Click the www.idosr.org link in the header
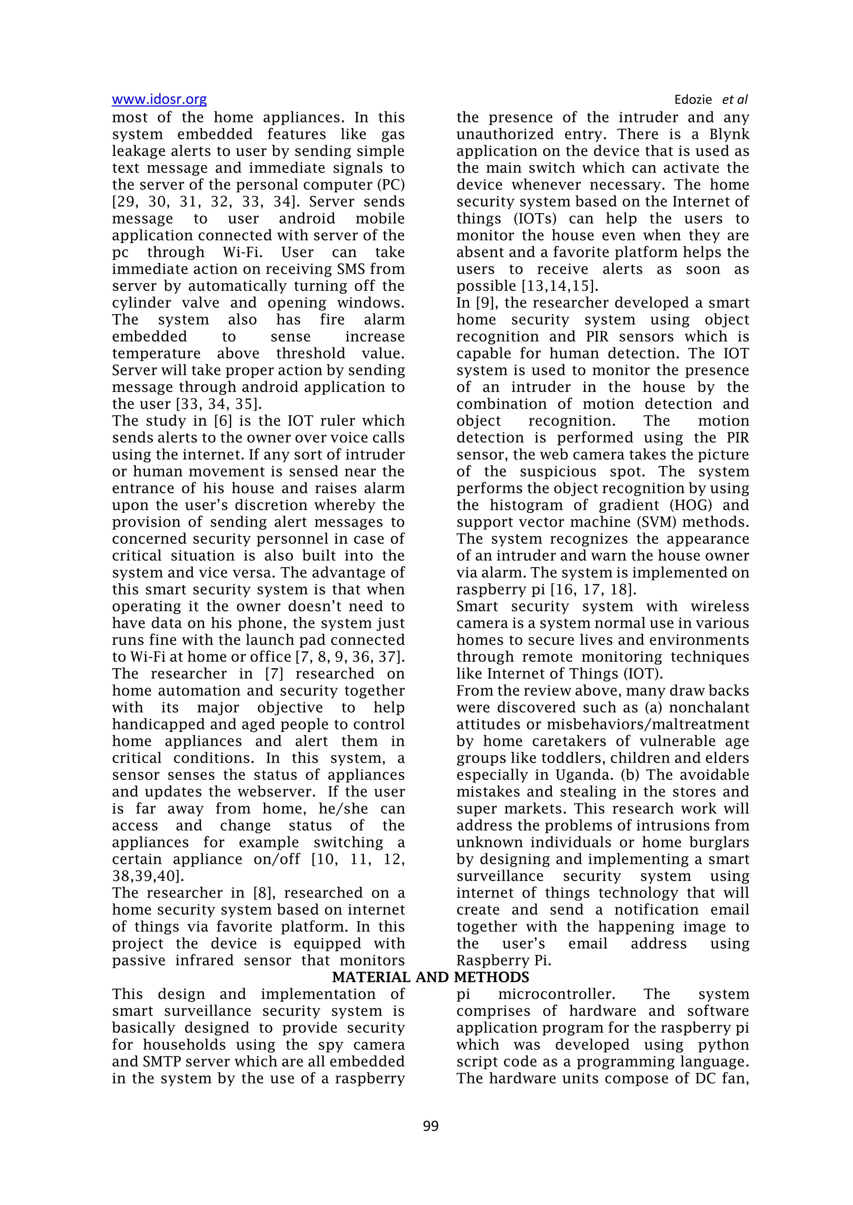pos(159,99)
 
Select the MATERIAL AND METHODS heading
pos(430,977)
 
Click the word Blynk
pos(729,134)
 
